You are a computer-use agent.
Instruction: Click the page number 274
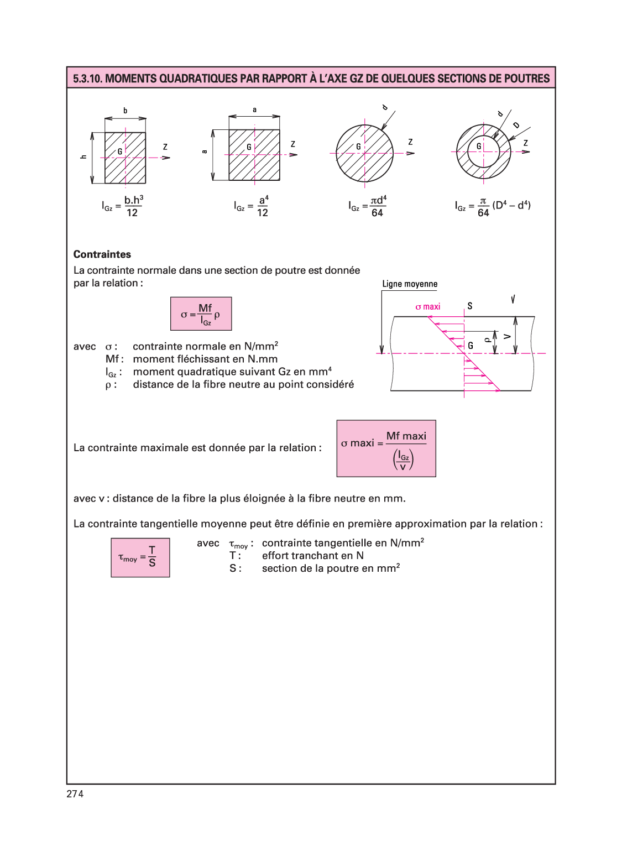(x=75, y=794)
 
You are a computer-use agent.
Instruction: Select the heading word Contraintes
(x=102, y=254)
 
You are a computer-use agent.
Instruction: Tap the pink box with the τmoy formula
(x=140, y=557)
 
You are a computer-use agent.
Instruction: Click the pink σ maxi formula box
(x=386, y=448)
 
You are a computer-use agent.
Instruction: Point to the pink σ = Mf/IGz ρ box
(x=201, y=314)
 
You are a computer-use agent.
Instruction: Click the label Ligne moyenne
(x=410, y=284)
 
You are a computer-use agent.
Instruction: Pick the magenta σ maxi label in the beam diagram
(x=428, y=306)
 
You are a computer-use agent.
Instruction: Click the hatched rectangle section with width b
(x=126, y=158)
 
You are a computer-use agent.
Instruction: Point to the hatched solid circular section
(x=365, y=153)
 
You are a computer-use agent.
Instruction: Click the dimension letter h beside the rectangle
(x=83, y=157)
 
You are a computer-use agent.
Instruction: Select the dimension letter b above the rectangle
(x=126, y=111)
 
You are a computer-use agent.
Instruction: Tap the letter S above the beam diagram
(x=470, y=306)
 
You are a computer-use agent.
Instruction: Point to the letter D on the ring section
(x=516, y=125)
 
